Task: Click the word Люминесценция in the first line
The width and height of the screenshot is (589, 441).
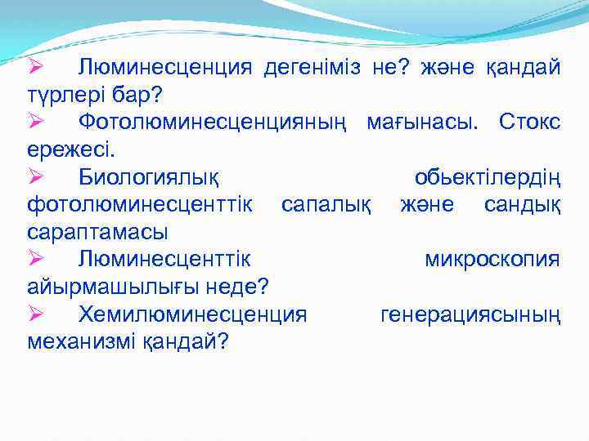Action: [x=166, y=67]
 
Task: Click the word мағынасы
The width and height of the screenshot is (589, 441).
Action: [x=424, y=122]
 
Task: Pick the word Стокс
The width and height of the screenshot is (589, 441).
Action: [x=528, y=122]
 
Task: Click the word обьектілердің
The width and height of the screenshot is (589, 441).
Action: [x=487, y=177]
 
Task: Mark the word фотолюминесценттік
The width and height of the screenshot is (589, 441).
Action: [x=140, y=204]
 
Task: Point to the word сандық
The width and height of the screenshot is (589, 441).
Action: [x=521, y=204]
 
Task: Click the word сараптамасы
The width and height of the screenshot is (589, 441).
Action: [x=97, y=232]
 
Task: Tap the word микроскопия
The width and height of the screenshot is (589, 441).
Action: [x=492, y=259]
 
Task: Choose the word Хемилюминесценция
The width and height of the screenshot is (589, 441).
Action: [x=193, y=314]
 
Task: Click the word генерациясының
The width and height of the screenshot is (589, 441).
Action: [x=470, y=314]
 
